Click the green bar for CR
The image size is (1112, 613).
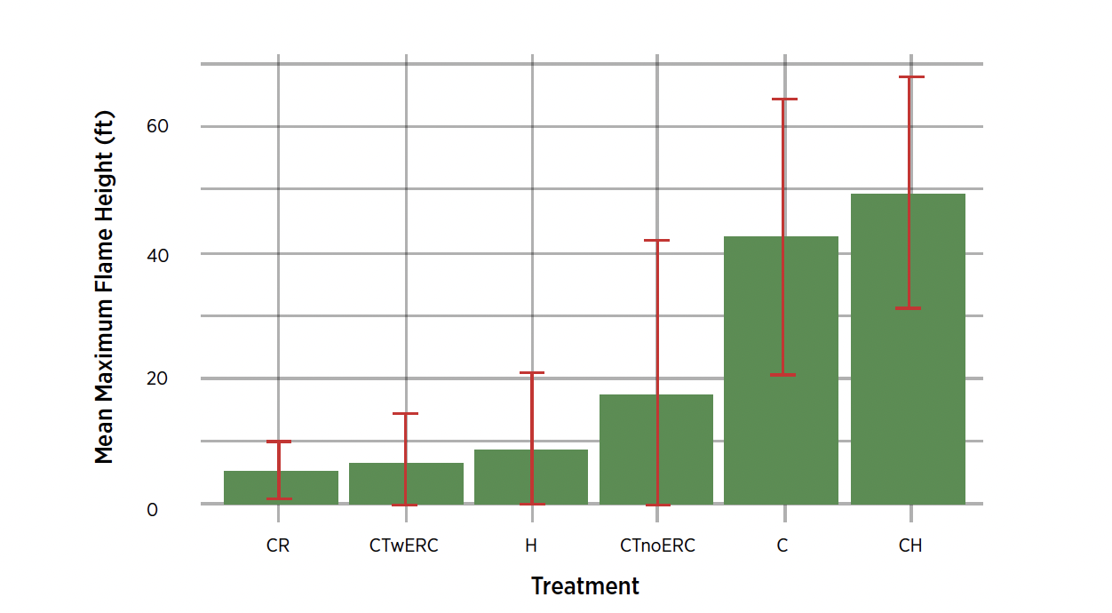click(x=258, y=488)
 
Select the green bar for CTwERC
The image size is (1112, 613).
click(x=382, y=484)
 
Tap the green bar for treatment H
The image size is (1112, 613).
click(x=506, y=477)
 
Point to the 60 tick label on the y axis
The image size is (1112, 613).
click(x=157, y=127)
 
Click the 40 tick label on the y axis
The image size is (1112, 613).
click(x=157, y=254)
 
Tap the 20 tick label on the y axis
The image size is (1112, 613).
click(x=157, y=379)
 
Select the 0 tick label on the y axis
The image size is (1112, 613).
click(x=152, y=510)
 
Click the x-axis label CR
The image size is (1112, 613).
click(x=278, y=545)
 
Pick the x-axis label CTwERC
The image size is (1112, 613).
click(x=404, y=545)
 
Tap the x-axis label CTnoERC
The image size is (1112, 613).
click(x=657, y=545)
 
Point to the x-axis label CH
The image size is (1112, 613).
click(x=910, y=545)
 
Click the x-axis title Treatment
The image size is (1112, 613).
click(x=585, y=586)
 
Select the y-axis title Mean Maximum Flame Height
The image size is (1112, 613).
click(x=105, y=287)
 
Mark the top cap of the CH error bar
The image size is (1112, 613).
click(x=910, y=77)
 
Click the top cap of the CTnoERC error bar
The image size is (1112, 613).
click(x=657, y=241)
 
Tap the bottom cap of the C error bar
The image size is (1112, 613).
click(x=783, y=375)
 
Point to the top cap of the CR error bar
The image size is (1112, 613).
click(x=279, y=442)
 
